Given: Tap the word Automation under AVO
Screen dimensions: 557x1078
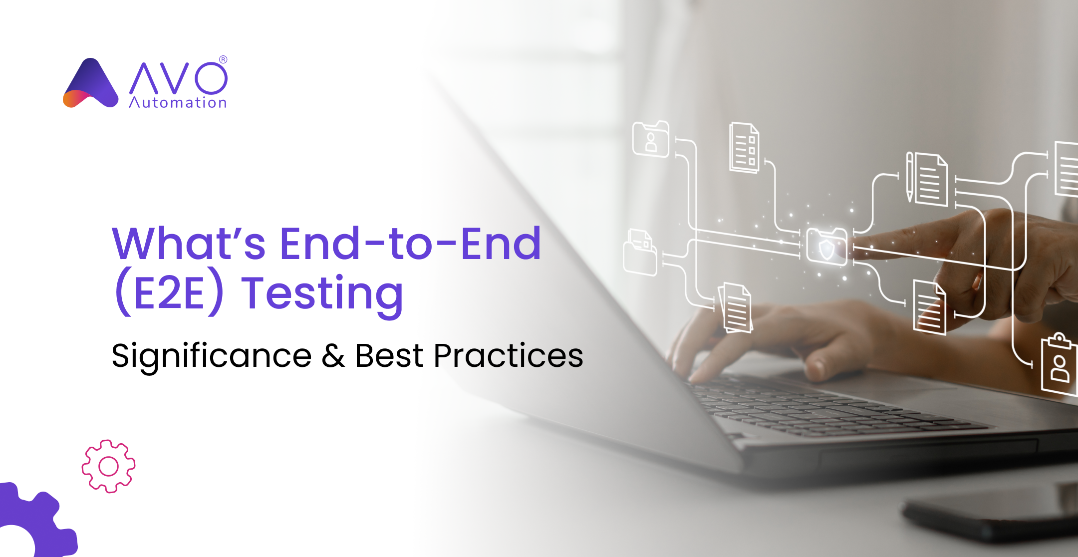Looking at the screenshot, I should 178,103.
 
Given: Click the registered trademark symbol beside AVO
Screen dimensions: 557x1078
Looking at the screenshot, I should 223,59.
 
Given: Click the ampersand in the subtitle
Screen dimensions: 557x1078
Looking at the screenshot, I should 333,356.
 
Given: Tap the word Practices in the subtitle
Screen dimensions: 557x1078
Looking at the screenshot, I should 508,356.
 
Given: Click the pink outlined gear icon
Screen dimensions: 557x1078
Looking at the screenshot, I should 108,466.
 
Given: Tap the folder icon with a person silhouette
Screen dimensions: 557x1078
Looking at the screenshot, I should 651,139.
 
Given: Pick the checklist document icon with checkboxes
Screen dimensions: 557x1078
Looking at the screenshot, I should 744,148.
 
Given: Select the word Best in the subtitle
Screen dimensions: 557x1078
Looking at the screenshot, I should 389,356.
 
